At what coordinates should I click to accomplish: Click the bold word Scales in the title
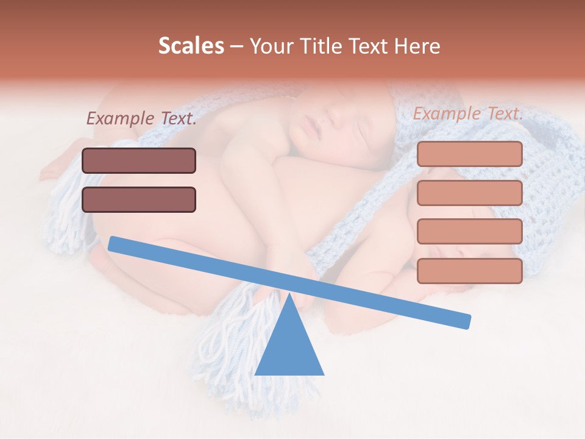pos(191,46)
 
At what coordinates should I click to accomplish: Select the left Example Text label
pos(141,118)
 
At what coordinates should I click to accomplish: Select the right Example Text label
pos(468,113)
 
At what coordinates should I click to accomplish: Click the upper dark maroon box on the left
pos(139,160)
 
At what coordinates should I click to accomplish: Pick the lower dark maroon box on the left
pos(139,199)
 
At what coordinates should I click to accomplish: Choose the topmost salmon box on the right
pos(469,154)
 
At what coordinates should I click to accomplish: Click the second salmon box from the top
pos(469,193)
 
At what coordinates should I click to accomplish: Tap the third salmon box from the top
pos(469,231)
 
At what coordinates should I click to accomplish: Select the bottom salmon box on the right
pos(469,271)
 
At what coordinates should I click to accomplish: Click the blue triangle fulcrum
pos(289,348)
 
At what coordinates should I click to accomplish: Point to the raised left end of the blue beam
pos(113,243)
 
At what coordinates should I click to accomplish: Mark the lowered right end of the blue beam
pos(466,321)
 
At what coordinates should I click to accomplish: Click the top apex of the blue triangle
pos(289,295)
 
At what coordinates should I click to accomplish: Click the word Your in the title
pos(271,46)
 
